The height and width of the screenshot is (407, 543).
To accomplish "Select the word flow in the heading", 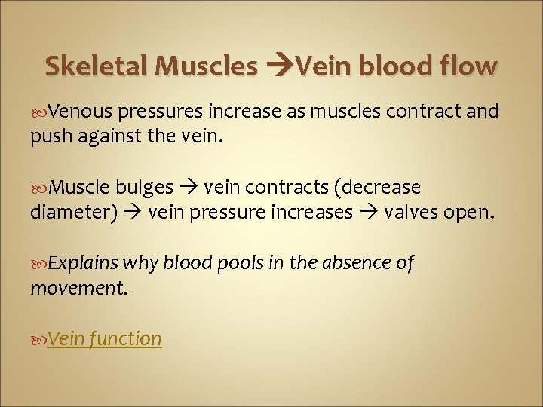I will [x=468, y=66].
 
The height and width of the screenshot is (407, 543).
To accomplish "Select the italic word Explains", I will [x=84, y=263].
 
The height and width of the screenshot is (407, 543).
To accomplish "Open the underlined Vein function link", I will [x=104, y=339].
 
